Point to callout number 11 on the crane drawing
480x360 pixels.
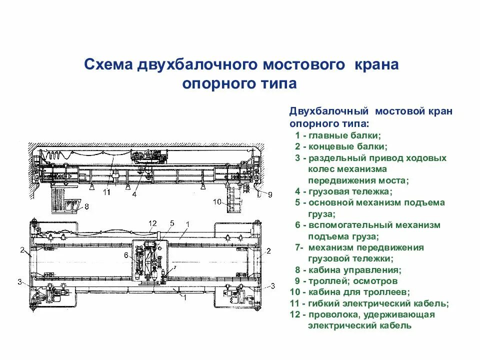pyautogui.click(x=106, y=191)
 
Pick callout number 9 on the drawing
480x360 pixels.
pyautogui.click(x=270, y=194)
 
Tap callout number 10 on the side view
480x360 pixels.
pyautogui.click(x=216, y=202)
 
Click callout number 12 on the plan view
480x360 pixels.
pyautogui.click(x=152, y=223)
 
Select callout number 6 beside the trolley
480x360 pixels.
pyautogui.click(x=126, y=254)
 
